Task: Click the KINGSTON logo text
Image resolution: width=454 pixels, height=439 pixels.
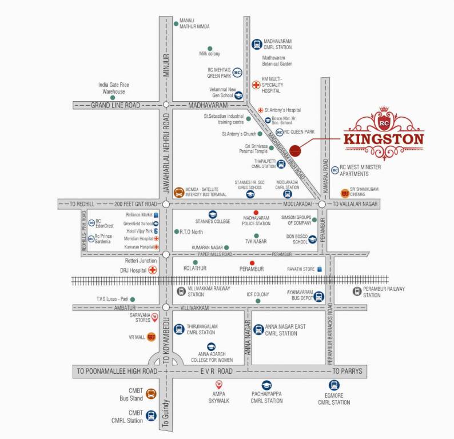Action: (x=384, y=139)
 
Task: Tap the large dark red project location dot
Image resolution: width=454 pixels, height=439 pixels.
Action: (x=295, y=151)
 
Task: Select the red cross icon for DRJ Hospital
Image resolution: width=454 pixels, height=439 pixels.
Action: (x=153, y=270)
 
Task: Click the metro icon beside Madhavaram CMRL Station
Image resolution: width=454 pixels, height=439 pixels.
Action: (x=257, y=44)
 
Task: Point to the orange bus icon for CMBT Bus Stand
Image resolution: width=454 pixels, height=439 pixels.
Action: (x=151, y=393)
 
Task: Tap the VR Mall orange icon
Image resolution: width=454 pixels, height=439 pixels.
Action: (x=151, y=337)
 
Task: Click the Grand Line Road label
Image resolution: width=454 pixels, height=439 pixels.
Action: (x=116, y=105)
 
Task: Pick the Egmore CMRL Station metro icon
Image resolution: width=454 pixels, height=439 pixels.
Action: (x=334, y=385)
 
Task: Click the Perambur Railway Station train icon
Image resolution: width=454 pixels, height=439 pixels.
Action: (x=357, y=292)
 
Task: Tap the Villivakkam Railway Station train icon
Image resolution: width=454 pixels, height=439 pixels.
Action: (x=181, y=292)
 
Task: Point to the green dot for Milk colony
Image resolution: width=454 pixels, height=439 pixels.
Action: (x=210, y=48)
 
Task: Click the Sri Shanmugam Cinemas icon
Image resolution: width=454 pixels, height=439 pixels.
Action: (x=344, y=193)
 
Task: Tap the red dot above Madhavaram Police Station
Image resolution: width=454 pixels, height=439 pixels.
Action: (x=256, y=213)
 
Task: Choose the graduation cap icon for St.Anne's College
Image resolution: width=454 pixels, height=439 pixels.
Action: (x=205, y=214)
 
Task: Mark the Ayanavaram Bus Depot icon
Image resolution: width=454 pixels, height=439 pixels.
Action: (x=319, y=296)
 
